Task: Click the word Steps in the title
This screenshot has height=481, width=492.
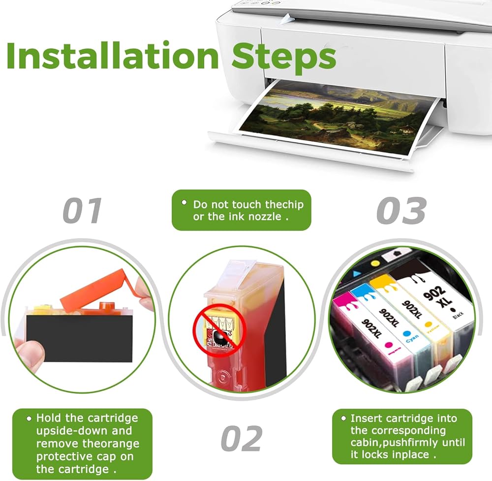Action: point(284,58)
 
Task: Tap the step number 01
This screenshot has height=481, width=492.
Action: point(82,211)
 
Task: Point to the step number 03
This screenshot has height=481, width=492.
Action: point(401,211)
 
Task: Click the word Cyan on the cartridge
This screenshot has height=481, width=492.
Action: point(412,338)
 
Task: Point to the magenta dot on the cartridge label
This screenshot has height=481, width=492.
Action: point(389,345)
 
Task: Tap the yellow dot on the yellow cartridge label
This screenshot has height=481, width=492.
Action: point(428,323)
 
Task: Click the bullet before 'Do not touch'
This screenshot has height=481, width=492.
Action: point(184,202)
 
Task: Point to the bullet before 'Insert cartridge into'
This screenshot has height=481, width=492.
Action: point(343,418)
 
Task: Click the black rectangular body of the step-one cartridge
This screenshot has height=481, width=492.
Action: point(79,338)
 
